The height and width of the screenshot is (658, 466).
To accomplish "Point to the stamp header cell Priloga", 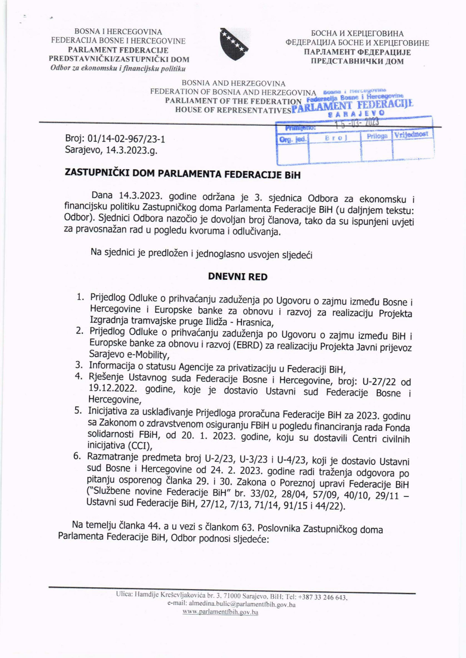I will [x=377, y=136].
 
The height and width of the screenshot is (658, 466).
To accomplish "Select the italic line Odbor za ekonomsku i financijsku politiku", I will [x=118, y=69].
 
